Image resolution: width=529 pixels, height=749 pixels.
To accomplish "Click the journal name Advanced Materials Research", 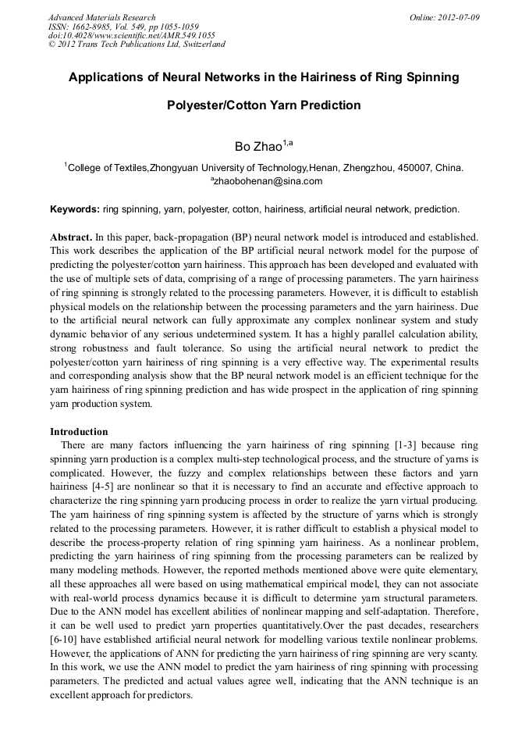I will click(101, 17).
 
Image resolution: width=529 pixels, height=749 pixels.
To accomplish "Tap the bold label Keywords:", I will click(75, 209).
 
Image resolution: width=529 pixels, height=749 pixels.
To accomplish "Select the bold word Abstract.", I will click(70, 236).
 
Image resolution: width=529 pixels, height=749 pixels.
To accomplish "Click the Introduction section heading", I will click(79, 432).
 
